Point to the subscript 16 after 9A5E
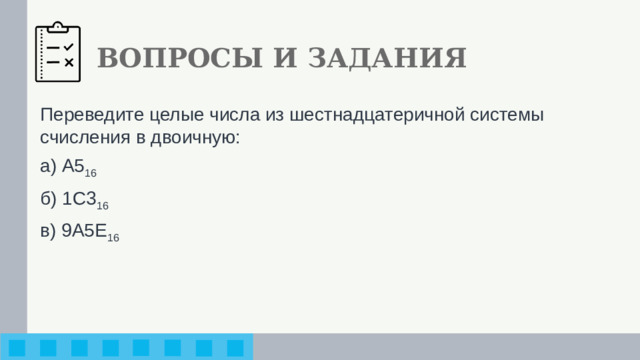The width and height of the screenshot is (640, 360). click(112, 237)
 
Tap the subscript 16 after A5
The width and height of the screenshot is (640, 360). click(90, 173)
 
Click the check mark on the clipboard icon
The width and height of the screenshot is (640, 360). click(69, 46)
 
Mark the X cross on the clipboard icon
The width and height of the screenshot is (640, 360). click(69, 63)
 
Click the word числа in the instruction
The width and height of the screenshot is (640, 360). click(233, 115)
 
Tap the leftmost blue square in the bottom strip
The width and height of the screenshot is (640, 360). click(18, 348)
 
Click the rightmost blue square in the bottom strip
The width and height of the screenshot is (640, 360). click(235, 348)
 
